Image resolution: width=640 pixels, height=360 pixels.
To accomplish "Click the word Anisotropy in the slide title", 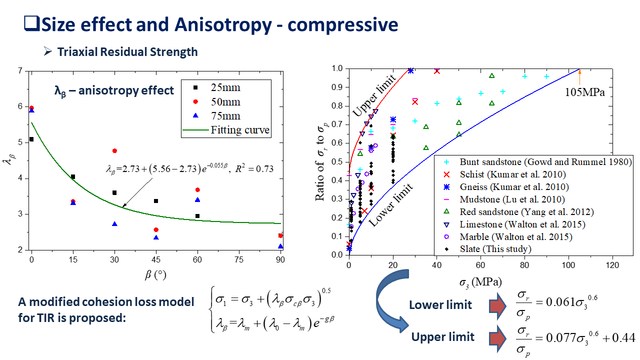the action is coord(223,25).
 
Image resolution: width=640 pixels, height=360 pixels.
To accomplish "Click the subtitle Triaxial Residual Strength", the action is coord(127,51).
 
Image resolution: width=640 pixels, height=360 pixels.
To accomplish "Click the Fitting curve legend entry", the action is coord(225,130).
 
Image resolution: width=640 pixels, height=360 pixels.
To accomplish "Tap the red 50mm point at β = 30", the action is coord(114,151).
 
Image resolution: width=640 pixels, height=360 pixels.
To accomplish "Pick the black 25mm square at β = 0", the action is coord(31,139).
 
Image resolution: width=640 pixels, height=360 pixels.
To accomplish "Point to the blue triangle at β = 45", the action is coord(156,237).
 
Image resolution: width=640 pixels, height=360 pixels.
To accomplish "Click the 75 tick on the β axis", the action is coord(239,259).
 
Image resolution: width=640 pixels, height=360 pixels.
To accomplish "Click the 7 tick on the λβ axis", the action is coord(20,70).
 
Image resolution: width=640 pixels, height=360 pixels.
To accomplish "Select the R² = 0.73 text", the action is coord(254,169).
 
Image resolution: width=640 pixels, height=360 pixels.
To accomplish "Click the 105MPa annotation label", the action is coord(585,92).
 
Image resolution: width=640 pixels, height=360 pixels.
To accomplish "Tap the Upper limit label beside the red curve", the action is coord(374,95).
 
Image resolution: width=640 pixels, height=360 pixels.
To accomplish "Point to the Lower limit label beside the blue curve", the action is coord(391,205).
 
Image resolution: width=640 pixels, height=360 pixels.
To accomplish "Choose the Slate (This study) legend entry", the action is coord(488,249).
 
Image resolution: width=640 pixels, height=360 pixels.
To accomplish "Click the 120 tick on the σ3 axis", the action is coord(612,265).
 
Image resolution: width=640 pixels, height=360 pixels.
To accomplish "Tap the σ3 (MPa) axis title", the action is coord(480,282).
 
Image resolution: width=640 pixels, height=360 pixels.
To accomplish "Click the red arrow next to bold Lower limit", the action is coord(497,305).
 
